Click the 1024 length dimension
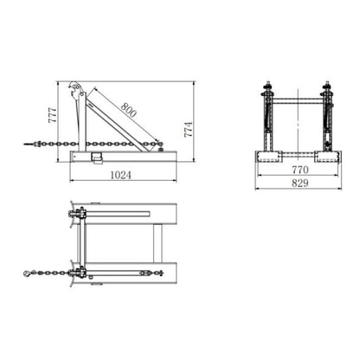[123, 175]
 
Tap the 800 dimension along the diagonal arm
[128, 111]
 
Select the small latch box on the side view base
[98, 157]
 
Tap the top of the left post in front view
[267, 87]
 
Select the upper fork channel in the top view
[130, 213]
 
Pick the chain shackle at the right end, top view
[160, 273]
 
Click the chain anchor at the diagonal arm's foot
[157, 143]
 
